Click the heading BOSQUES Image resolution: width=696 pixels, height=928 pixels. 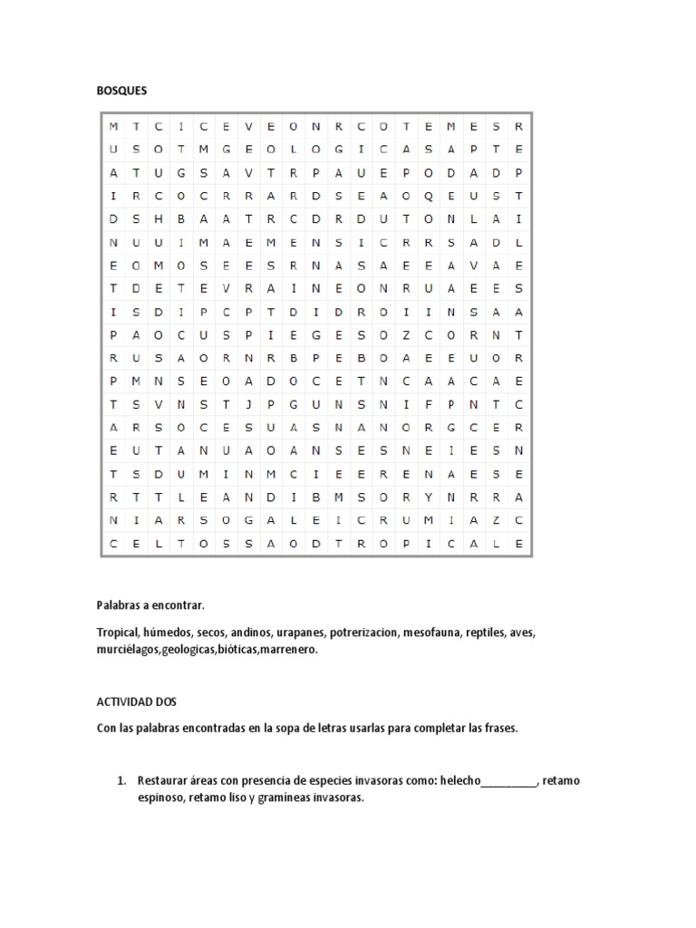pyautogui.click(x=121, y=92)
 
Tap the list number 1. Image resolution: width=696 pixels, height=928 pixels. pyautogui.click(x=121, y=780)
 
